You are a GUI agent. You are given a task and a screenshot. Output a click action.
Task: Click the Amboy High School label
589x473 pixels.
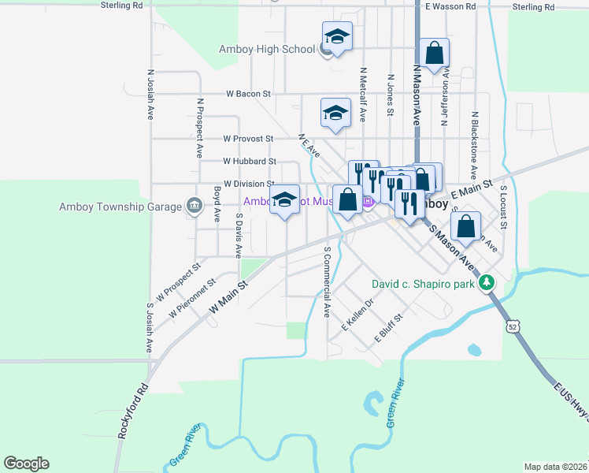(x=267, y=49)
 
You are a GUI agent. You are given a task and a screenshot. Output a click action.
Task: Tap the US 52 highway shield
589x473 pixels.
(x=513, y=326)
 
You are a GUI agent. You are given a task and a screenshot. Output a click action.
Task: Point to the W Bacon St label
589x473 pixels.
(x=248, y=94)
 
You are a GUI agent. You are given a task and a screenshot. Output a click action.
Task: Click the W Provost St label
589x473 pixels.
(x=247, y=139)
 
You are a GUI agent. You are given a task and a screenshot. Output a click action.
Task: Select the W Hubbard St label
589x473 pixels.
(x=247, y=161)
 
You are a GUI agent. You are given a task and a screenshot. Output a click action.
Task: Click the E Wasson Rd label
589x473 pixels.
(x=450, y=6)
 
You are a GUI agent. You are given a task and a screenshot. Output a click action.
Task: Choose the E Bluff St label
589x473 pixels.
(x=388, y=328)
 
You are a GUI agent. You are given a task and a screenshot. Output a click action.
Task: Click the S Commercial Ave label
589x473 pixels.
(x=327, y=281)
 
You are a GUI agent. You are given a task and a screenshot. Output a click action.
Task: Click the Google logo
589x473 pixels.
(x=26, y=464)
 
